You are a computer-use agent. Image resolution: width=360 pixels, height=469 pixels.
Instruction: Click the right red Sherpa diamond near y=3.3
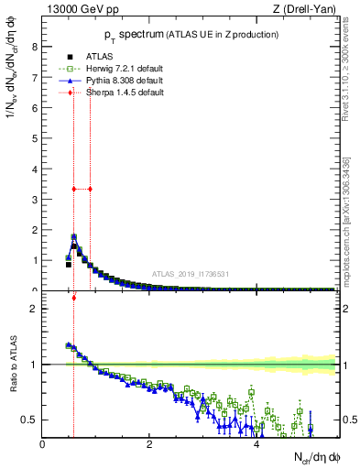point(90,189)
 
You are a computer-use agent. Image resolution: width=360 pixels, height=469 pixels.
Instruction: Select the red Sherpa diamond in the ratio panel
point(73,297)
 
